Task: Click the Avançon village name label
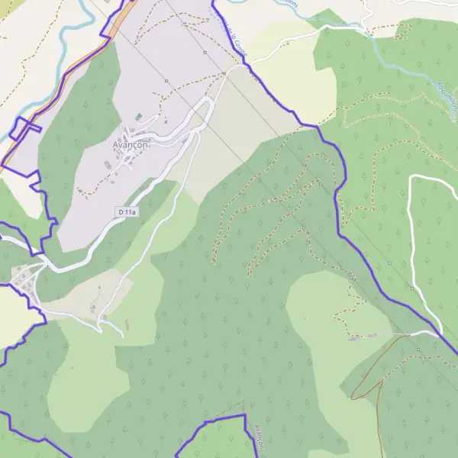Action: coord(129,145)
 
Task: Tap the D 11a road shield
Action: coord(127,211)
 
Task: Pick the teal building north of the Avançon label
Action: coord(138,117)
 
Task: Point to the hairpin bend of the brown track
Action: coord(358,395)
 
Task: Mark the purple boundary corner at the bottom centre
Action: coord(244,416)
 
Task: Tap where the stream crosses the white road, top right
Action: coord(367,31)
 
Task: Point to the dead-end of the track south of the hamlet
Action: coord(122,335)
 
